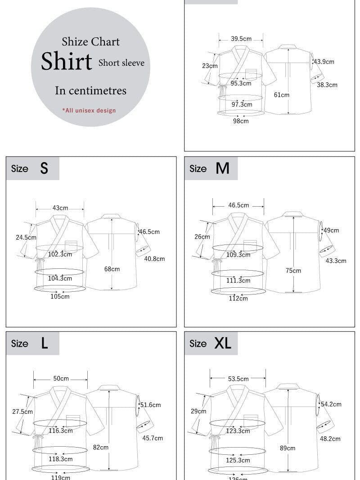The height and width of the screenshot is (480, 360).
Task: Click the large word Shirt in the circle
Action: pyautogui.click(x=67, y=61)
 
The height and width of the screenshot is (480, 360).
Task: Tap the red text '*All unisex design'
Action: pyautogui.click(x=89, y=110)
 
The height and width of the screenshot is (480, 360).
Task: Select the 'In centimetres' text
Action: pyautogui.click(x=90, y=91)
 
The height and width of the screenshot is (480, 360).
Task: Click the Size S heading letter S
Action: pyautogui.click(x=44, y=168)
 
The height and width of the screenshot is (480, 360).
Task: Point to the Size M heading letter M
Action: pyautogui.click(x=222, y=168)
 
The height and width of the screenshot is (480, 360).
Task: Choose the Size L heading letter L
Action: pyautogui.click(x=44, y=344)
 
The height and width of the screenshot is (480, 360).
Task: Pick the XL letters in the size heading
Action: pyautogui.click(x=223, y=344)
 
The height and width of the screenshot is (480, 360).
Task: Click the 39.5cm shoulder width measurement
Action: pyautogui.click(x=241, y=39)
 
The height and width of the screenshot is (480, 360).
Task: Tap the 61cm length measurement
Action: pyautogui.click(x=282, y=95)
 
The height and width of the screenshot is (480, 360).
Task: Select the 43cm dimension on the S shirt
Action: pyautogui.click(x=60, y=208)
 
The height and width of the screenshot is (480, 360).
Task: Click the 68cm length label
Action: pyautogui.click(x=112, y=269)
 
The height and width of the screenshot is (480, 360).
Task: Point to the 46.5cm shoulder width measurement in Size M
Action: pyautogui.click(x=238, y=205)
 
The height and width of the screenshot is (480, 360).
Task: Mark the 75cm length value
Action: pyautogui.click(x=293, y=271)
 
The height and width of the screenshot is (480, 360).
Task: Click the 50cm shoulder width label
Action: pyautogui.click(x=61, y=379)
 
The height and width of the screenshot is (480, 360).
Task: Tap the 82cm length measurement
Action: pyautogui.click(x=101, y=448)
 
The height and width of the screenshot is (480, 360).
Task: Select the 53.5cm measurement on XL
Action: pyautogui.click(x=238, y=379)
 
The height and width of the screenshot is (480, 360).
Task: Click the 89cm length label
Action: pyautogui.click(x=288, y=448)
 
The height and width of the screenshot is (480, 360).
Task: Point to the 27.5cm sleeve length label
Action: pyautogui.click(x=22, y=412)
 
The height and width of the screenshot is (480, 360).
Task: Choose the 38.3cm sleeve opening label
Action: pyautogui.click(x=327, y=85)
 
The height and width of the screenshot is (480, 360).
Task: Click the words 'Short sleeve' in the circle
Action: pyautogui.click(x=121, y=63)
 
